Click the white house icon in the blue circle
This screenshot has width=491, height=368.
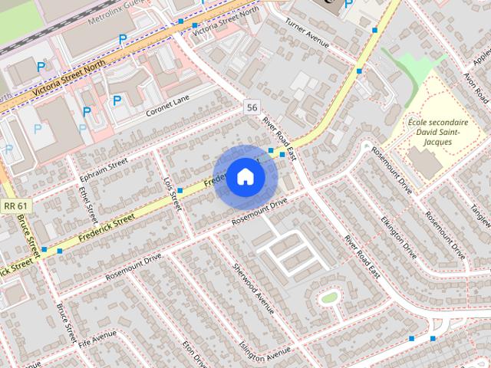244,176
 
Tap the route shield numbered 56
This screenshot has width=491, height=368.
252,107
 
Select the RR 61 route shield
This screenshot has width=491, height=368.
15,205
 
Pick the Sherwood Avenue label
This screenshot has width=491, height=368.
253,287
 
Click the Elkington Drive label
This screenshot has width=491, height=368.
399,235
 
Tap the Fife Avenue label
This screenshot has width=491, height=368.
97,337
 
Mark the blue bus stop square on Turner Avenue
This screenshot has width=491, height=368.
375,29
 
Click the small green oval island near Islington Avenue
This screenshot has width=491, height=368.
330,297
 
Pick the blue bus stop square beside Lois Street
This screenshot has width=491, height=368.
180,190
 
